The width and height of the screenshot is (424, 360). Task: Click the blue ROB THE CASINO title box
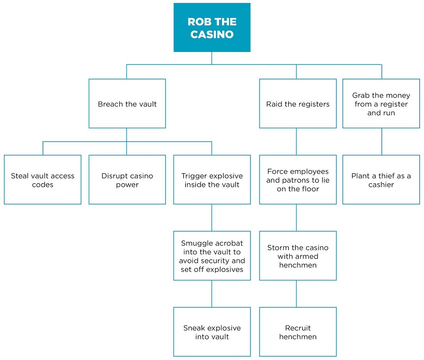point(211,28)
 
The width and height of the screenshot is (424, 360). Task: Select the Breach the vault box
point(127,104)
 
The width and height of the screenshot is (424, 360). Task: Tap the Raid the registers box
point(297,104)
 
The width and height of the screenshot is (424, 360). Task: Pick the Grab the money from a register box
point(381,104)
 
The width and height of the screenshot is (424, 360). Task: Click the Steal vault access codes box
point(43,180)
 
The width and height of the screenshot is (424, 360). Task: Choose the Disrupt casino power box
point(127,180)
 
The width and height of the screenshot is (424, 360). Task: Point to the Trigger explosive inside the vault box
point(211,180)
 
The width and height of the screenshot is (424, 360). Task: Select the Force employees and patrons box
point(297,180)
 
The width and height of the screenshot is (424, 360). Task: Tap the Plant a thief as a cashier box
point(381,180)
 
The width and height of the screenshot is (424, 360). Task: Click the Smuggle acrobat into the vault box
point(211,256)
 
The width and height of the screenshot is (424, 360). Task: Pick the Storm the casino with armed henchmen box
point(297,256)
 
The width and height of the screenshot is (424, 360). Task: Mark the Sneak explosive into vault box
point(211,332)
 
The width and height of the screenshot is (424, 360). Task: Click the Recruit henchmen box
point(297,332)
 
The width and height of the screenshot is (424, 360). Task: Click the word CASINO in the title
point(211,35)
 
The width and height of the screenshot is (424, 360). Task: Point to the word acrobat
point(230,243)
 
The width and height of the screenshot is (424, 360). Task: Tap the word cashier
point(381,185)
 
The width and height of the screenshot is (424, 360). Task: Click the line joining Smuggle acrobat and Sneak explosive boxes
point(211,293)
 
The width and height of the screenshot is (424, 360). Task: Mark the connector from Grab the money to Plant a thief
point(381,141)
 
